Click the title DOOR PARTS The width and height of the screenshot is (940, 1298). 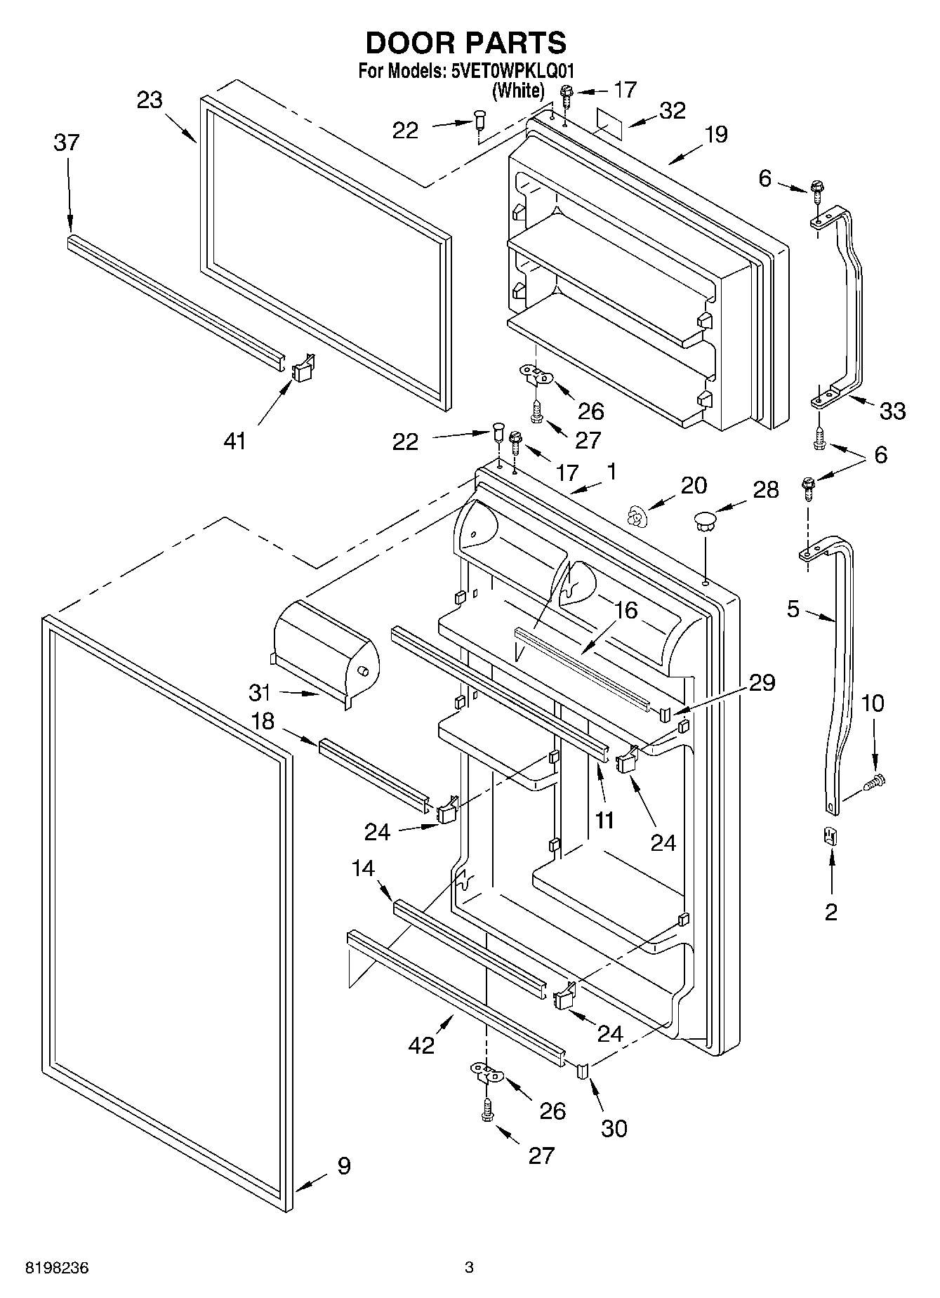coord(465,43)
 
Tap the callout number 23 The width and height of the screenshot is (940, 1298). coord(149,100)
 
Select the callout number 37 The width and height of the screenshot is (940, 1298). coord(67,143)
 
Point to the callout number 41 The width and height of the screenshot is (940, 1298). coord(234,441)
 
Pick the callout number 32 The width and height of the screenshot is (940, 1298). coord(672,111)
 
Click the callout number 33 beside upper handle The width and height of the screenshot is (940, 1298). coord(892,411)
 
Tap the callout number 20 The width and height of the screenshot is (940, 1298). coord(694,485)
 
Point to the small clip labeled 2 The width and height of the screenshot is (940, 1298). coord(831,836)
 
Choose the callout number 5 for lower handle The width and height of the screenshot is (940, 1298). coord(793,609)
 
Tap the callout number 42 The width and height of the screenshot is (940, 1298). coord(421,1045)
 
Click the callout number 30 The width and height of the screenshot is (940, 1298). coord(614,1128)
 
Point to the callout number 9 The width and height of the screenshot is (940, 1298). coord(343,1166)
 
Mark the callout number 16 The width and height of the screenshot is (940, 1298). coord(625,610)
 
